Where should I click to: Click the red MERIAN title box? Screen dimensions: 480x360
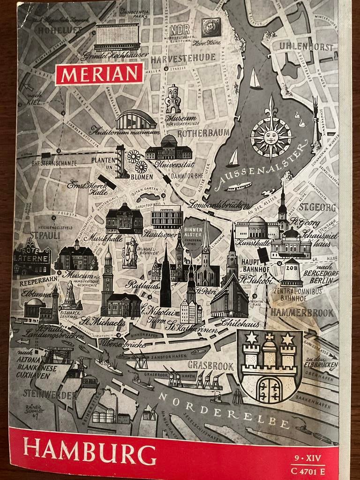click(99, 74)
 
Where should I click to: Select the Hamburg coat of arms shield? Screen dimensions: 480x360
click(270, 366)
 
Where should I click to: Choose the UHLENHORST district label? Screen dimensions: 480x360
click(306, 46)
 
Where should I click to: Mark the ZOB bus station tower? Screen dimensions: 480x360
click(292, 272)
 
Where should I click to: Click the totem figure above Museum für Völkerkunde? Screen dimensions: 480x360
click(173, 99)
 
